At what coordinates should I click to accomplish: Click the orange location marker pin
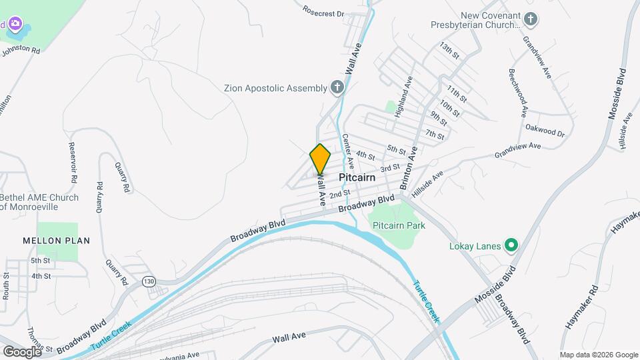coord(320,159)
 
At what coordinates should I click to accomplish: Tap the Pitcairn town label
coord(357,178)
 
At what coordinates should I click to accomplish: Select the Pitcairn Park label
coord(399,225)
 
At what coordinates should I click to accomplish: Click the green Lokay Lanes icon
coord(511,246)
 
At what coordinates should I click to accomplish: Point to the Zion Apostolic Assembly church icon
coord(337,87)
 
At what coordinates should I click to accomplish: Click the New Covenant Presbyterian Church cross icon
coord(531,20)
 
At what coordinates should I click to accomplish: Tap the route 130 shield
coord(149,282)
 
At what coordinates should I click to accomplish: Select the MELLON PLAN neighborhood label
coord(57,240)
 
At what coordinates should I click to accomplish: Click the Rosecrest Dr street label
coord(323,11)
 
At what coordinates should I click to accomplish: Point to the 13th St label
coord(449,51)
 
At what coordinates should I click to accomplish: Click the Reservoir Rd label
coord(70,163)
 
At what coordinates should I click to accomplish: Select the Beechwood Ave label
coord(519,91)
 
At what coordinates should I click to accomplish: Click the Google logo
coord(22,351)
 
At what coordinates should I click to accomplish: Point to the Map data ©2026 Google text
coord(598,355)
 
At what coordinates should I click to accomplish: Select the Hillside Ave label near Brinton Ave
coord(427,184)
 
